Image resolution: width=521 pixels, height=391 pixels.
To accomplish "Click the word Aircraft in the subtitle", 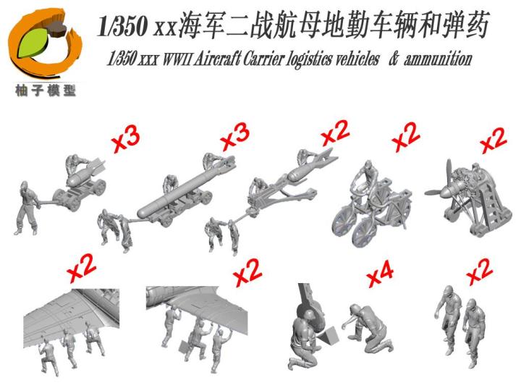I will pyautogui.click(x=211, y=59).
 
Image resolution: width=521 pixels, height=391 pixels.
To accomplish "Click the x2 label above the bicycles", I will pyautogui.click(x=406, y=137).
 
